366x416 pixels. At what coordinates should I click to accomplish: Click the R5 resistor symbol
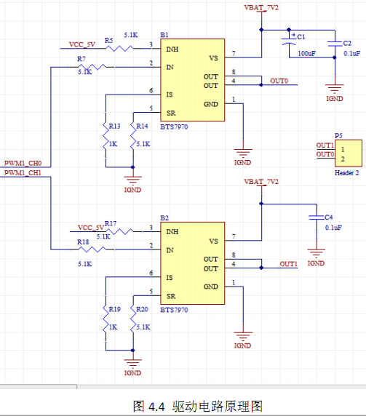[119, 48]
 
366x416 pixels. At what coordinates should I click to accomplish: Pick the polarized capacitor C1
[289, 41]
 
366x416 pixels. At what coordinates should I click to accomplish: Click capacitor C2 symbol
[335, 44]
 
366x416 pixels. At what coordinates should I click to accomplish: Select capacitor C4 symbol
[317, 217]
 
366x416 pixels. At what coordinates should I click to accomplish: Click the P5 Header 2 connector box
[349, 153]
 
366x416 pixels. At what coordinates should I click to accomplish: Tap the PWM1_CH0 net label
[23, 163]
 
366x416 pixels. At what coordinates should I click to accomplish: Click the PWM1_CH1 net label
[23, 172]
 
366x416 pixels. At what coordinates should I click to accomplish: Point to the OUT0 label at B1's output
[279, 81]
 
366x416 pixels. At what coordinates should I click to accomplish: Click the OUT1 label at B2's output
[288, 264]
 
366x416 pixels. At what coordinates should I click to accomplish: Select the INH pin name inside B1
[172, 49]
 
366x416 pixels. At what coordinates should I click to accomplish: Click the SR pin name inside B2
[171, 296]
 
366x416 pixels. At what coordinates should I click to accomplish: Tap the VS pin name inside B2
[213, 241]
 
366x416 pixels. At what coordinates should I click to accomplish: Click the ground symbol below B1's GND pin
[243, 153]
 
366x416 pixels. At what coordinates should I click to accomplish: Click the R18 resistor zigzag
[92, 249]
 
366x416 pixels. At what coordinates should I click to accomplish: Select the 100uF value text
[307, 53]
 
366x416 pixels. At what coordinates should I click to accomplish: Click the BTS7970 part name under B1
[174, 127]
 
